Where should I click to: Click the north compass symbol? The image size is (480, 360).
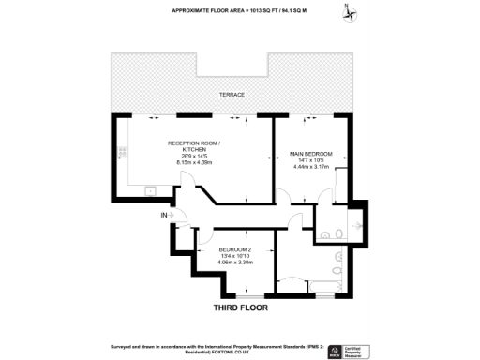(349, 11)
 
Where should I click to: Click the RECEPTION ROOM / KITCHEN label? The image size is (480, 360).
(194, 146)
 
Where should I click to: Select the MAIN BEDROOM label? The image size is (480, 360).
(309, 153)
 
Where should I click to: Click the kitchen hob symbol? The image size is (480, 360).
(122, 152)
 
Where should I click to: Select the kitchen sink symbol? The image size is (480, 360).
(149, 191)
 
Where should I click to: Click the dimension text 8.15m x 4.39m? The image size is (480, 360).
(194, 163)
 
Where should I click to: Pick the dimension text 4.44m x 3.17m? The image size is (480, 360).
(309, 170)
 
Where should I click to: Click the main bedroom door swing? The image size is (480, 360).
(323, 194)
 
